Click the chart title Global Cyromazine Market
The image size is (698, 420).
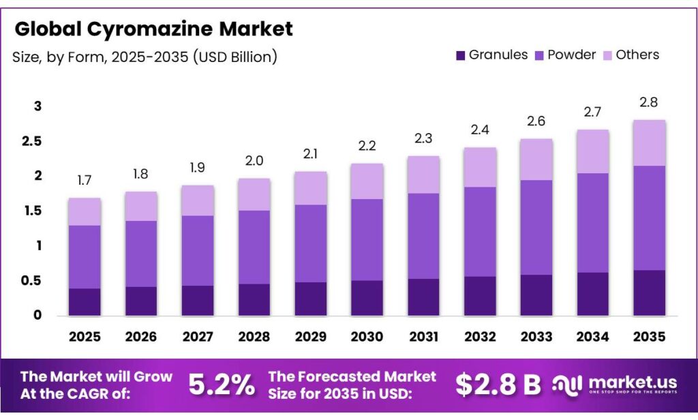point(153,29)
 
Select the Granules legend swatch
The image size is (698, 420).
point(459,55)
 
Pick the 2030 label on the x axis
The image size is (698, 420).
point(367,337)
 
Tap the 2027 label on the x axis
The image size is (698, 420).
point(198,337)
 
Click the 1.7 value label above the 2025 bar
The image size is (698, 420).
point(85,181)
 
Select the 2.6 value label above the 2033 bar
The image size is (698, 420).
point(536,121)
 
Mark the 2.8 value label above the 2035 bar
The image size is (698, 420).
point(649,102)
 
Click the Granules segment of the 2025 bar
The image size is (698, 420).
point(85,301)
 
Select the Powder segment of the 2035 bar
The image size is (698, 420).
point(649,218)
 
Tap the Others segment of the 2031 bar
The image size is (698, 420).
point(423,175)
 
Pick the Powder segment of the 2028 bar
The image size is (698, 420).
point(254,247)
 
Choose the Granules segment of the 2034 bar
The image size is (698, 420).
point(592,294)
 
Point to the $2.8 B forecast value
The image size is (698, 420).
point(498,385)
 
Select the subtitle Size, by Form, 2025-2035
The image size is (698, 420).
point(145,57)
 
